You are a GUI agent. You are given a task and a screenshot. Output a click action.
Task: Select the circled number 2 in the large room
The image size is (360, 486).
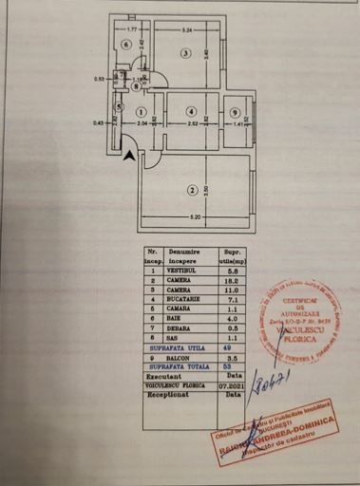pos(193,191)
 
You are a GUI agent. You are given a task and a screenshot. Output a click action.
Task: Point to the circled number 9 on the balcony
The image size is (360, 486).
pos(235,113)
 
